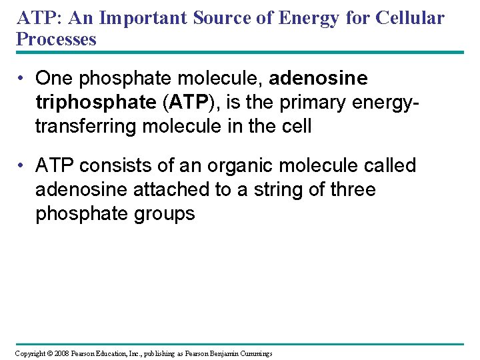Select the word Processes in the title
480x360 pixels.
click(56, 39)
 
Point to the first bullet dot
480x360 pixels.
click(23, 79)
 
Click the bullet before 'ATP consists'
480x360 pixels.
click(23, 165)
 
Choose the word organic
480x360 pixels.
click(234, 165)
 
